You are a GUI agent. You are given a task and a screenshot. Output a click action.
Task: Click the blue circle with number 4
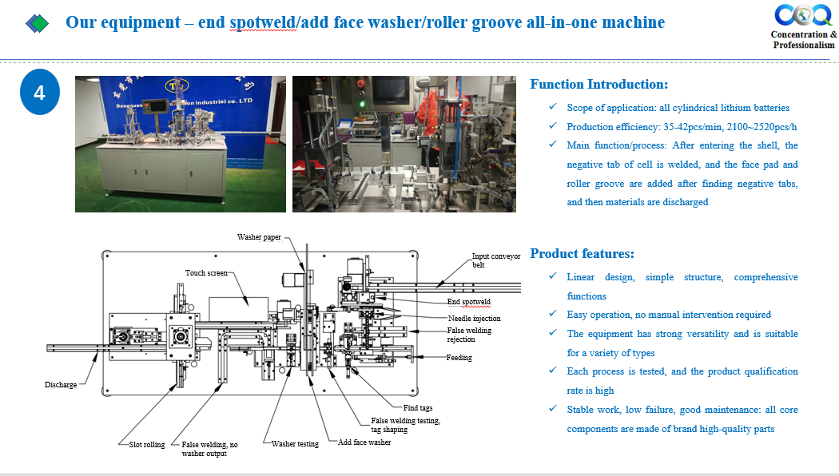click(x=40, y=92)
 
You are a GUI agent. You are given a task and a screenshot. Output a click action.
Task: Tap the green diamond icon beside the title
click(x=38, y=23)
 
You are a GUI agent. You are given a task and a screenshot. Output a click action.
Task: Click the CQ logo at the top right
click(x=803, y=14)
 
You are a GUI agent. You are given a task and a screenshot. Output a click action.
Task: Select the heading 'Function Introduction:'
click(x=598, y=84)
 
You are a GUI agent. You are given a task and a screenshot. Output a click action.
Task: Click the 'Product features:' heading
click(x=583, y=253)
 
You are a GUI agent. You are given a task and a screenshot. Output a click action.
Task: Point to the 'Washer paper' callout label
click(x=259, y=237)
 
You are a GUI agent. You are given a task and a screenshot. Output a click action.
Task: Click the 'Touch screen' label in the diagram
click(x=206, y=273)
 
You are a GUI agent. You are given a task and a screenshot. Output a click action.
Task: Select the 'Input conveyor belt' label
click(x=496, y=260)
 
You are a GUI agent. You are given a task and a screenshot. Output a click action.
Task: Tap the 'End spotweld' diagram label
click(x=469, y=302)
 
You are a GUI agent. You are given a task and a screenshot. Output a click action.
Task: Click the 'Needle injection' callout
click(x=475, y=318)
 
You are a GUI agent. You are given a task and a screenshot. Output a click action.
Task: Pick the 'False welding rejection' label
click(x=469, y=335)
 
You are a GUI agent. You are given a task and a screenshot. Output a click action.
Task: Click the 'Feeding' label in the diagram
click(x=459, y=357)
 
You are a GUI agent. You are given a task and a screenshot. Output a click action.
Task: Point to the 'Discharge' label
click(x=61, y=384)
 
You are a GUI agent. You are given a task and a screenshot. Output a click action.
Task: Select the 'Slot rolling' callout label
click(x=147, y=444)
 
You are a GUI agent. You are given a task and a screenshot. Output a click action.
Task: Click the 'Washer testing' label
click(x=295, y=443)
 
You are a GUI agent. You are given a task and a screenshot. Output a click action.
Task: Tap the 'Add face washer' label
click(x=364, y=442)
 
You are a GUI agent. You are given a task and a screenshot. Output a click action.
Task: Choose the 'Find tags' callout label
click(x=418, y=407)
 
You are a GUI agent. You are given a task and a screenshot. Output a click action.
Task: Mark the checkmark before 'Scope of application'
click(x=553, y=107)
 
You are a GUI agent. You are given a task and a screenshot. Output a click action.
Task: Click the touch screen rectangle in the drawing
click(x=239, y=310)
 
